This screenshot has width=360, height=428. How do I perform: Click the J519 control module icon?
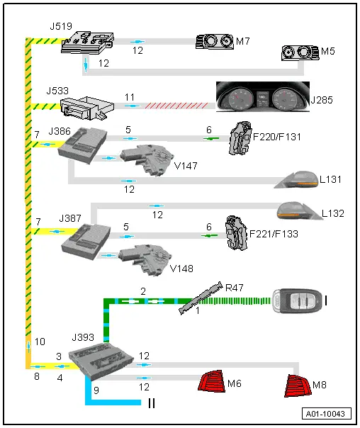(87, 43)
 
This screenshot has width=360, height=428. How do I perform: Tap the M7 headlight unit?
(215, 42)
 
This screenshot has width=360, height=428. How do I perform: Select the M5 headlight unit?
(300, 52)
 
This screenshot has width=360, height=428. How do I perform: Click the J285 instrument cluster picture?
(263, 96)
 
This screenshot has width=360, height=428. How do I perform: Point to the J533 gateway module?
(87, 108)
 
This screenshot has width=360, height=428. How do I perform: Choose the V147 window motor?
(147, 160)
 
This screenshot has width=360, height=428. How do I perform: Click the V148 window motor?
(145, 259)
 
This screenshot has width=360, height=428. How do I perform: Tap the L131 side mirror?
(297, 179)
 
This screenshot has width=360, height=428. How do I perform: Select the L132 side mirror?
(299, 210)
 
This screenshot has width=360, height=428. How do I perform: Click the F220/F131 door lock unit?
(240, 138)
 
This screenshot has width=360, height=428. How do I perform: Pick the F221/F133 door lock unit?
(237, 233)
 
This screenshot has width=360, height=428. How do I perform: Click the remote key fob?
(298, 300)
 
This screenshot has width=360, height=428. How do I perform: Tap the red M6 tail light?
(212, 381)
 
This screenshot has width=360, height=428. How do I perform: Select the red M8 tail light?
(298, 385)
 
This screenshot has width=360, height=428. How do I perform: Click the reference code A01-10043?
(326, 414)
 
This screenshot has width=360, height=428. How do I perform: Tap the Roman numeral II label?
(152, 403)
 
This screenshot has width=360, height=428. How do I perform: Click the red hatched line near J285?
(176, 106)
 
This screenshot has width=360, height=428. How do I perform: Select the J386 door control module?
(82, 145)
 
